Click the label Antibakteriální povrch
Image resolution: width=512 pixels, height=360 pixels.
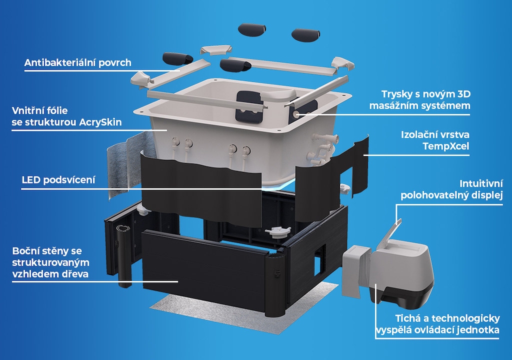(77, 62)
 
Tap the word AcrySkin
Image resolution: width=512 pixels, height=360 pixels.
(100, 122)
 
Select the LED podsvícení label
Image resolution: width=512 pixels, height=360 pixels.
(58, 180)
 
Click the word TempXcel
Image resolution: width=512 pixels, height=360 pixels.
(445, 146)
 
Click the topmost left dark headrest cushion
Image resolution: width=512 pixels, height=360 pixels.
(252, 29)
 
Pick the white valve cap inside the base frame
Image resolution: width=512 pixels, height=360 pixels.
(278, 232)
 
